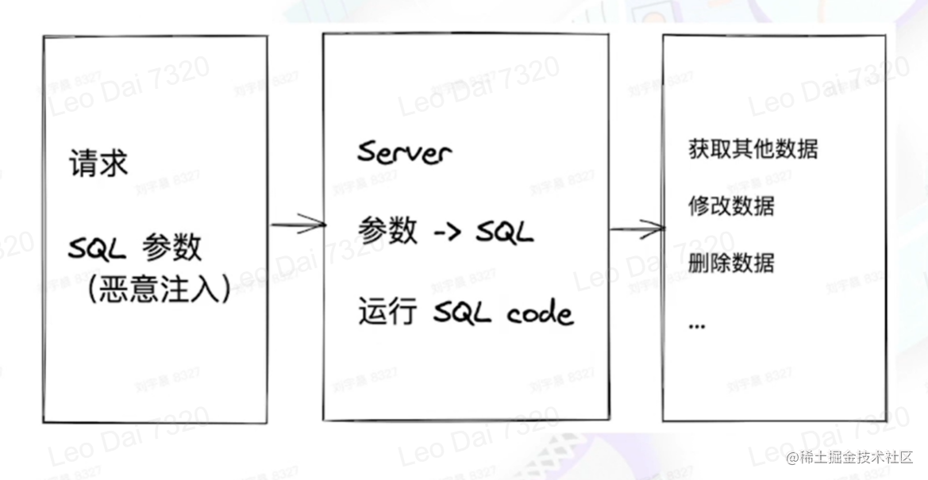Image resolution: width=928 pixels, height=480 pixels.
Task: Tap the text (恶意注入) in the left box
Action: [x=159, y=290]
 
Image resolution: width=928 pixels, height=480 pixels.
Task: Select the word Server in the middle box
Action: [x=403, y=152]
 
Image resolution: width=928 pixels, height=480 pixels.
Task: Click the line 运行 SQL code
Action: [x=464, y=313]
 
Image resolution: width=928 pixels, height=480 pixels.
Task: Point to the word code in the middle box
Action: [x=540, y=314]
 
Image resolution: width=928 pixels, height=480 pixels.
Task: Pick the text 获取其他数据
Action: [x=753, y=149]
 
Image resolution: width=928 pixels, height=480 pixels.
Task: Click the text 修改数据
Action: [x=731, y=205]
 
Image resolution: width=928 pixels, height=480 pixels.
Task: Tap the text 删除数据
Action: [x=731, y=262]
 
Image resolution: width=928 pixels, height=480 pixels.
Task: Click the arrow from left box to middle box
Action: [x=298, y=225]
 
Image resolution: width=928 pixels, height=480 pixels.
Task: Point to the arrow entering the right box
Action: [x=637, y=229]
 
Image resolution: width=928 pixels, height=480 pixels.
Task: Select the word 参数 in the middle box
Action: [x=387, y=231]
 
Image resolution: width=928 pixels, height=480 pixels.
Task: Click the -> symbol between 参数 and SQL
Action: [x=447, y=232]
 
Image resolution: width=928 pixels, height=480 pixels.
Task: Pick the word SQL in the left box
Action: [x=97, y=250]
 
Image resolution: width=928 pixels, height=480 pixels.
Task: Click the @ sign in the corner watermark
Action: [x=791, y=458]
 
